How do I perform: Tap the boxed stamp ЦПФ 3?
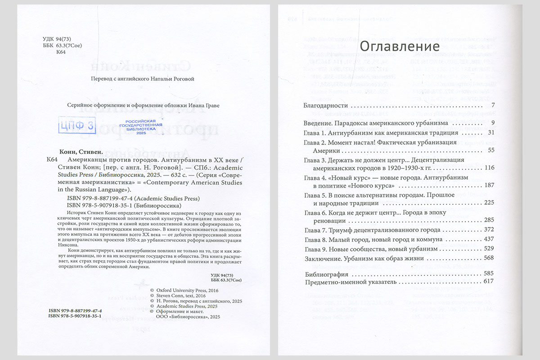77,126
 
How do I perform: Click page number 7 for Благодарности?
493,106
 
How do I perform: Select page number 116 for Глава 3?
489,168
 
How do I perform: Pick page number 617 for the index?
489,282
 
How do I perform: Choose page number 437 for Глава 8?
489,239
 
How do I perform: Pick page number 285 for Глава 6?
489,220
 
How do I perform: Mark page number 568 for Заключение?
489,258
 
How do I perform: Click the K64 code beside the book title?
53,160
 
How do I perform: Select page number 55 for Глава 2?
490,150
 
